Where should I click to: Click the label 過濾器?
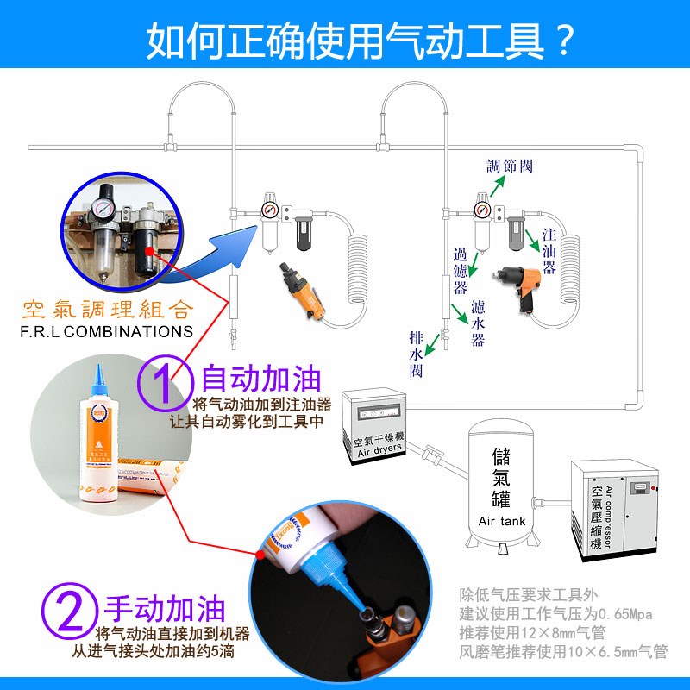461,269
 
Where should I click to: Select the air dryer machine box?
373,427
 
